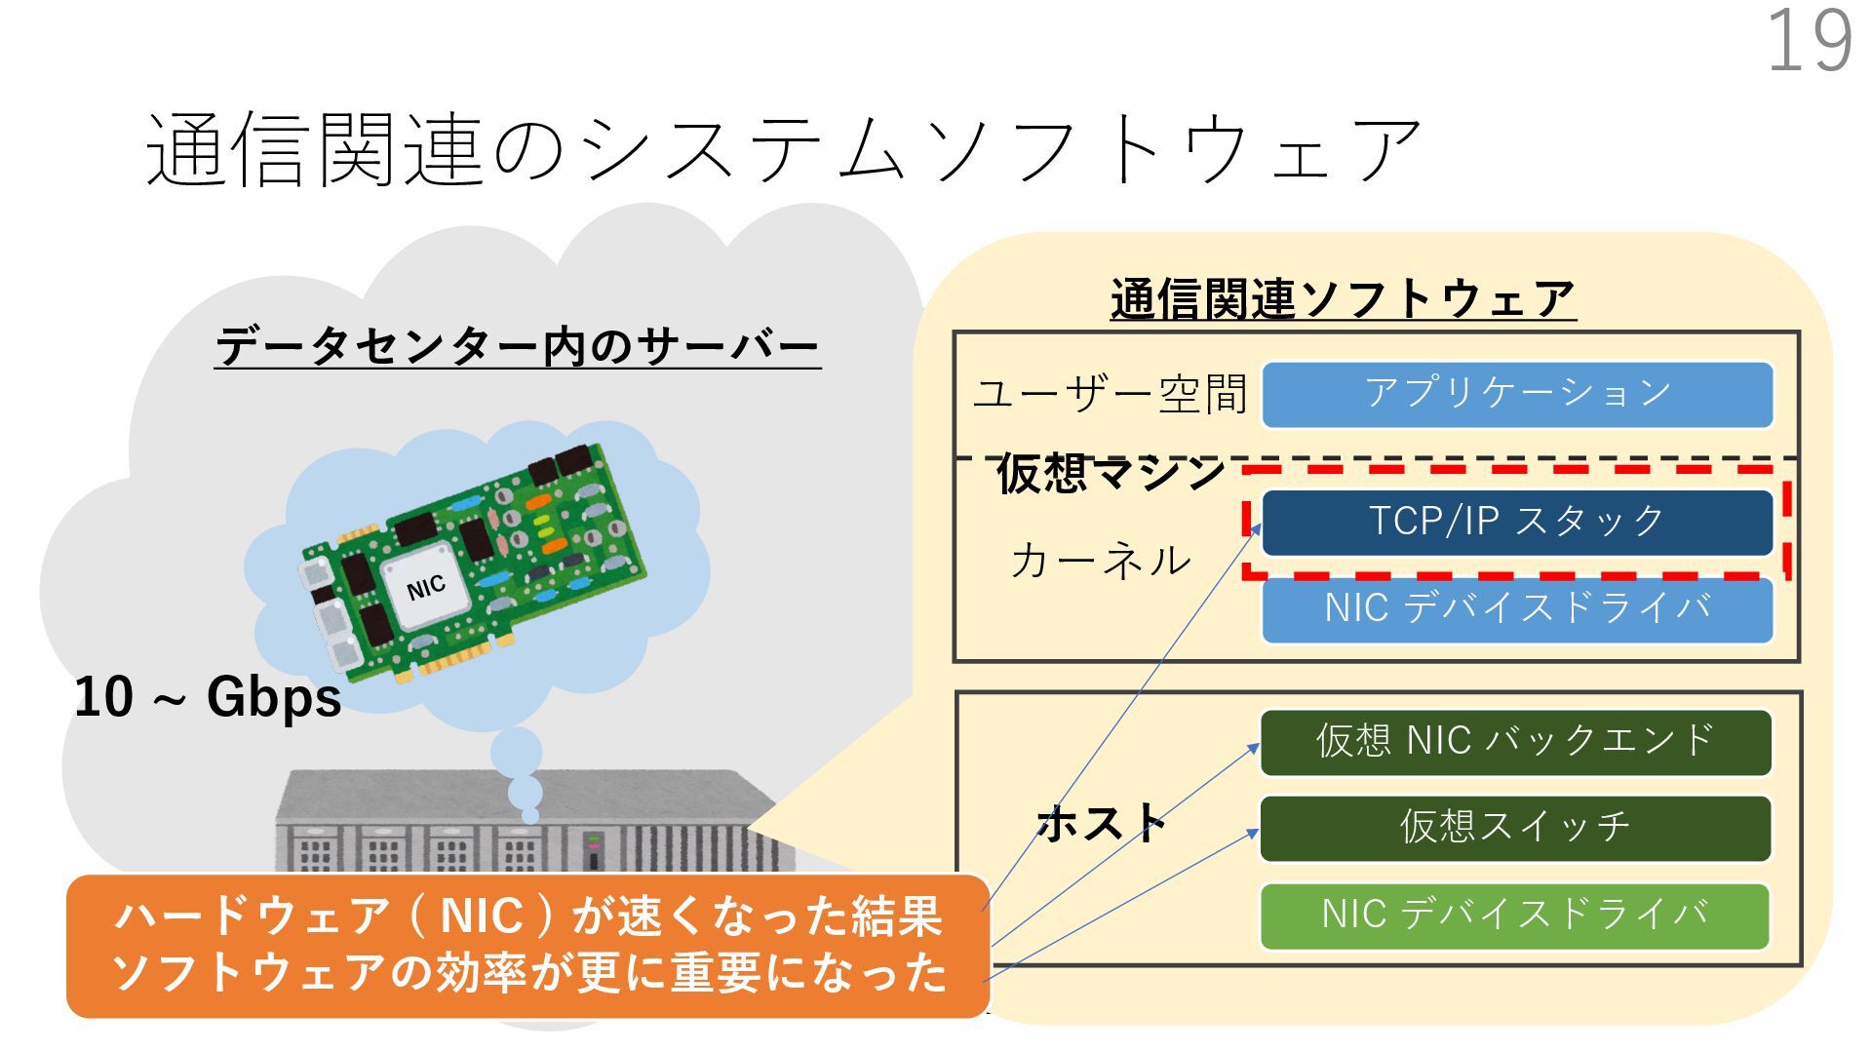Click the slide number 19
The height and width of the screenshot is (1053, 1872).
[x=1809, y=41]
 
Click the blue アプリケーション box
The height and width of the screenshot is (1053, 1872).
[x=1517, y=395]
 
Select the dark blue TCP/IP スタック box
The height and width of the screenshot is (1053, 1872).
[x=1517, y=522]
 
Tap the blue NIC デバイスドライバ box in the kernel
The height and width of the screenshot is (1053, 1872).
[x=1517, y=609]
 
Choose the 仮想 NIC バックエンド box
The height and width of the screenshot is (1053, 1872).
[x=1515, y=742]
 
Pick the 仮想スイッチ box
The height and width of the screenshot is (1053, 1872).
[x=1515, y=828]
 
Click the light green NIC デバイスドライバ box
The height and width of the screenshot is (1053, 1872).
[x=1515, y=916]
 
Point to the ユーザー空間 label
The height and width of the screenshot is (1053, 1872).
[x=1111, y=395]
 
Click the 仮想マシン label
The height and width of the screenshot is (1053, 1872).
[x=1111, y=474]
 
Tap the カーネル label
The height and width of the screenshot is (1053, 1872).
[x=1101, y=561]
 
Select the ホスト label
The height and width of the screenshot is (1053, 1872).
[x=1103, y=824]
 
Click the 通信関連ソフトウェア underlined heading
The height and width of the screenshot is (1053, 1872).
[x=1343, y=299]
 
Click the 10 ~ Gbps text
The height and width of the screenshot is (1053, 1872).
[x=208, y=698]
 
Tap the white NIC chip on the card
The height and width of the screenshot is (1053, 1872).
[x=426, y=586]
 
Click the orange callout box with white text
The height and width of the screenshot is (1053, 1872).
[x=527, y=946]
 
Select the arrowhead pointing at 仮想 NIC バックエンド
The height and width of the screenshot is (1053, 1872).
[x=1255, y=747]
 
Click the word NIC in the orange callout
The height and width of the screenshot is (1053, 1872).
[x=482, y=916]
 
